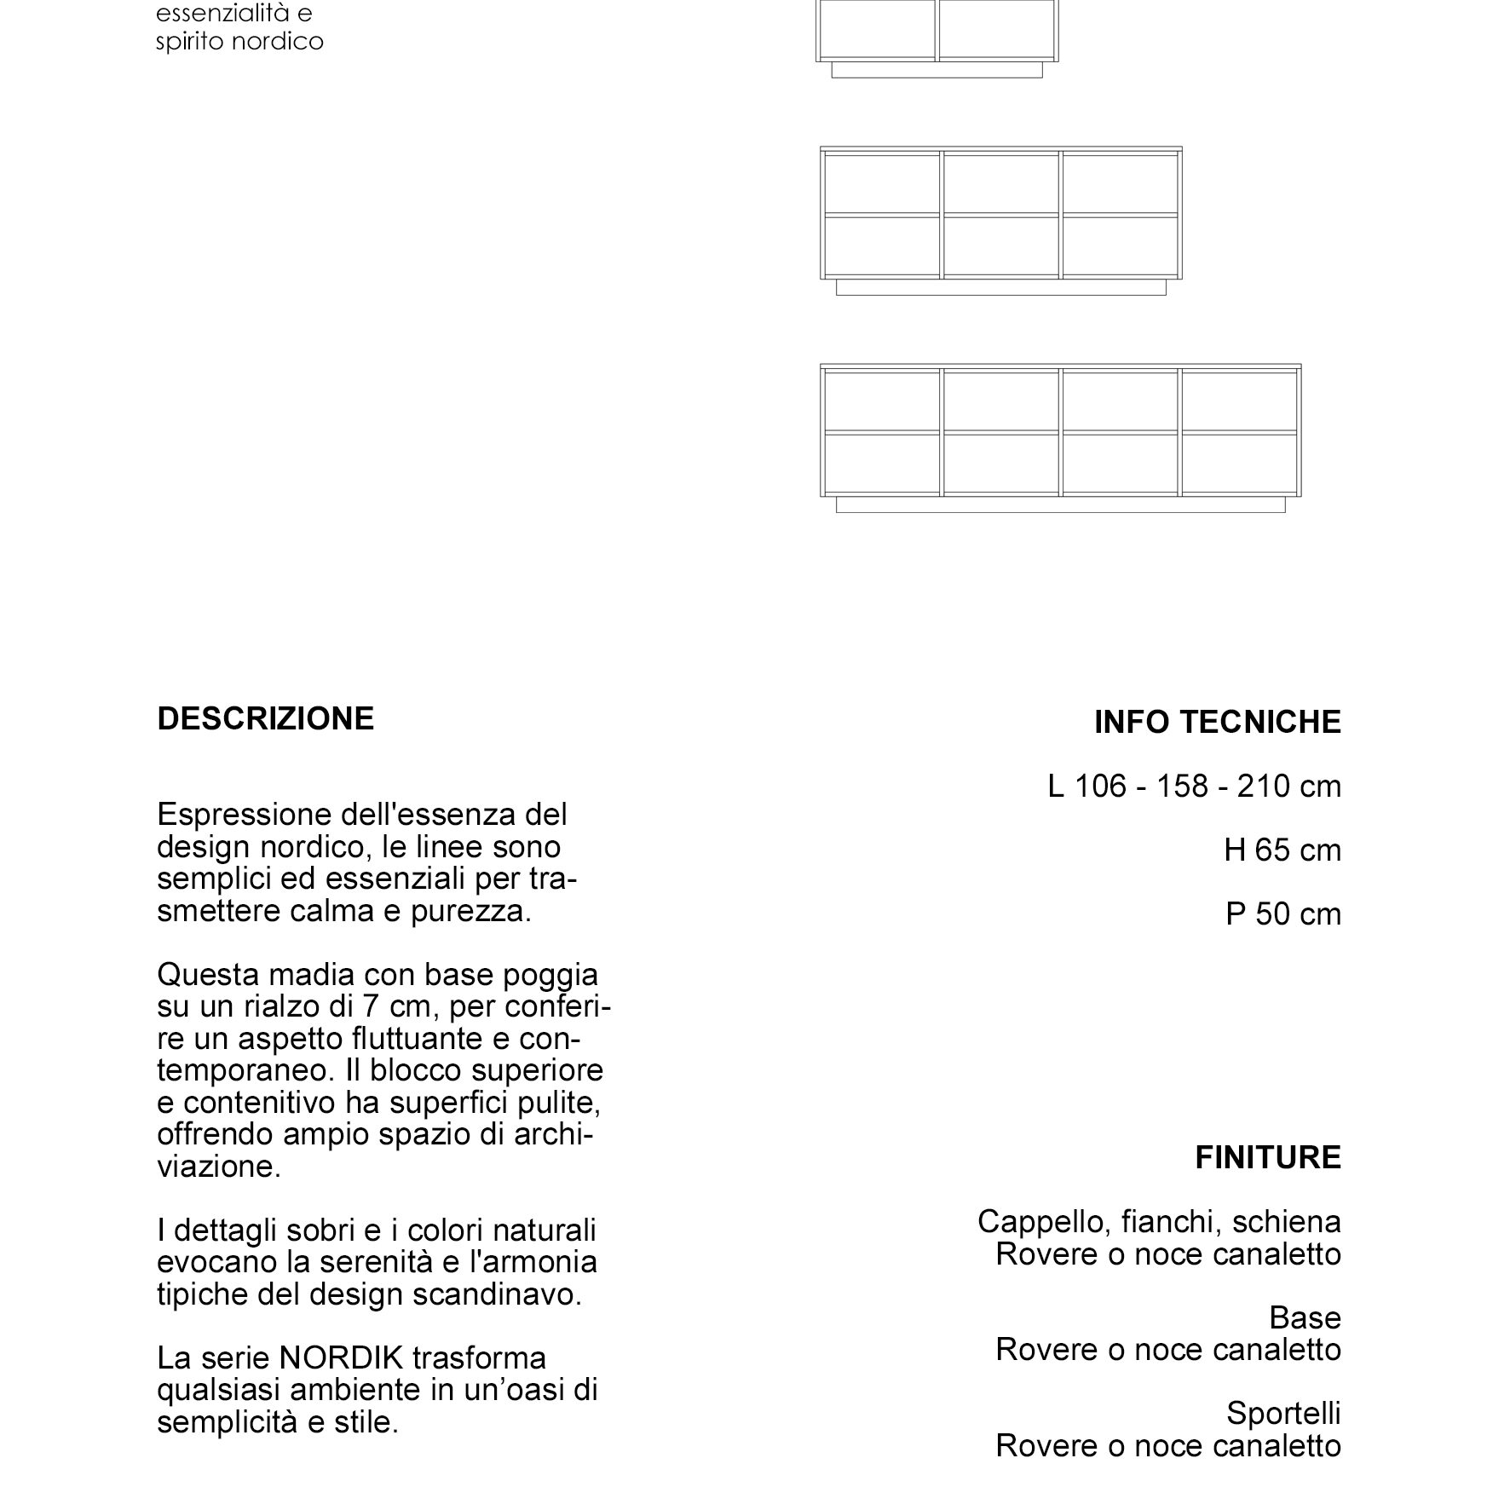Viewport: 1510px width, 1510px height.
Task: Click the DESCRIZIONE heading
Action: [x=265, y=719]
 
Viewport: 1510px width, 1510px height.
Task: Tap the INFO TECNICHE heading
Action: [x=1217, y=723]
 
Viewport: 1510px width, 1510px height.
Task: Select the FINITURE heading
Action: [x=1267, y=1157]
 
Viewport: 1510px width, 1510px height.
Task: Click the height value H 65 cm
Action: [x=1282, y=850]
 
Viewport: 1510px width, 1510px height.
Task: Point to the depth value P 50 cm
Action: [x=1282, y=914]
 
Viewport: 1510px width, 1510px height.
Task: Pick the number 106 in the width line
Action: [x=1099, y=787]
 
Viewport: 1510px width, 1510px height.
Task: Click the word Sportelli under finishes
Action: [x=1283, y=1413]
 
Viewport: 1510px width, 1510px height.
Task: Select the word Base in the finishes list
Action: [x=1305, y=1317]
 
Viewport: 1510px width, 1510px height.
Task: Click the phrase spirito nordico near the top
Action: [x=239, y=42]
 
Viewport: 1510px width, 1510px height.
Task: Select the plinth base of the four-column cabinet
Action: [x=1060, y=505]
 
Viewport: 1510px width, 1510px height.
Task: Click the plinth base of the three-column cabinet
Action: [x=1000, y=287]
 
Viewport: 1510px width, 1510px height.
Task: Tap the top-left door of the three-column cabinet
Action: [x=882, y=183]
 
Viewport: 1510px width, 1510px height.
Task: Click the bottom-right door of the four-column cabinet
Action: [x=1240, y=464]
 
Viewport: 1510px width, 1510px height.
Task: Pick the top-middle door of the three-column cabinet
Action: [x=1000, y=183]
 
